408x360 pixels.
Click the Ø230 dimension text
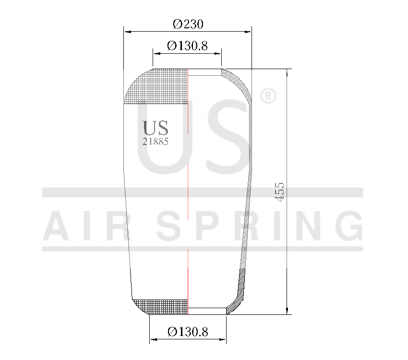(x=188, y=24)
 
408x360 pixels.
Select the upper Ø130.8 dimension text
(x=187, y=46)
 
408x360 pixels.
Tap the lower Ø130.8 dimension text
(x=188, y=332)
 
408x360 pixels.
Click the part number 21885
(x=156, y=142)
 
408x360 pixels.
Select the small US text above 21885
(x=156, y=128)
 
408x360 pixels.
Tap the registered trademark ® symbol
(x=267, y=96)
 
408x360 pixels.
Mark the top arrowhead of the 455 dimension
(x=287, y=72)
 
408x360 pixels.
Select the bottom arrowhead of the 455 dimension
(x=287, y=311)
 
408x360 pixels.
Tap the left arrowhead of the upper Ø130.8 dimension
(x=156, y=53)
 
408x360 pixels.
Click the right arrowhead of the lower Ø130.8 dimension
(x=223, y=340)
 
